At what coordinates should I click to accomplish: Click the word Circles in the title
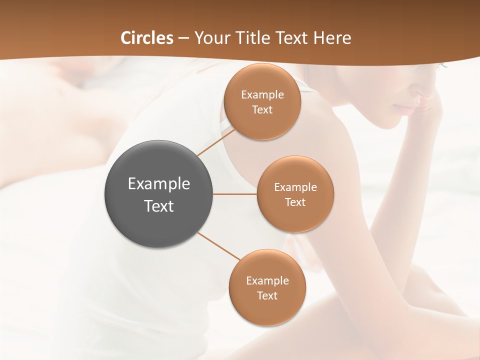click(x=147, y=38)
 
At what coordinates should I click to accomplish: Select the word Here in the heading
click(x=332, y=38)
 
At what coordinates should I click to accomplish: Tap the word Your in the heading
click(x=212, y=38)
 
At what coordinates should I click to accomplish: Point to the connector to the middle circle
click(x=234, y=194)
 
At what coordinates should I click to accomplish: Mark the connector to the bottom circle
click(x=219, y=246)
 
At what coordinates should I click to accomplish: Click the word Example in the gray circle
click(x=159, y=184)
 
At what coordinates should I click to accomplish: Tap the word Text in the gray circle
click(x=159, y=206)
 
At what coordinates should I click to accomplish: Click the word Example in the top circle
click(x=262, y=95)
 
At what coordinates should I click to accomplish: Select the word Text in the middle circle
click(x=295, y=202)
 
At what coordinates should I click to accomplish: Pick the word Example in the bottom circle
click(x=267, y=280)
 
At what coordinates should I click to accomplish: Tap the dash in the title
click(x=183, y=38)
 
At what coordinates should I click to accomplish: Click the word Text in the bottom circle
click(x=267, y=296)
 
